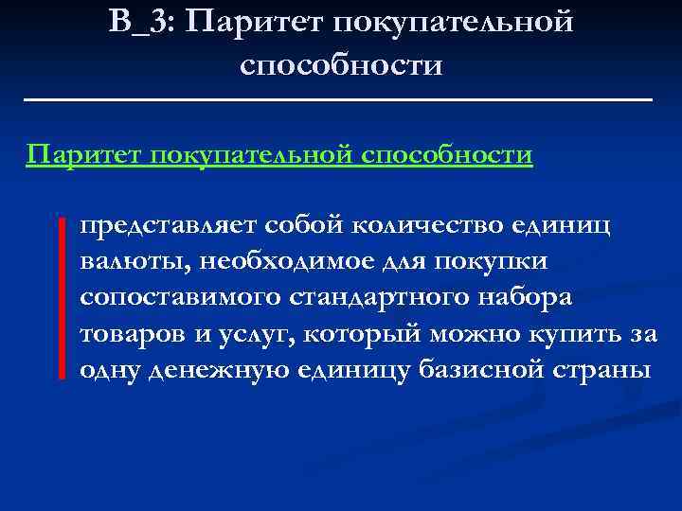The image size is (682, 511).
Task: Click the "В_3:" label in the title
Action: pyautogui.click(x=141, y=22)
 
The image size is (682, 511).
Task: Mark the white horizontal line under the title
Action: pyautogui.click(x=341, y=98)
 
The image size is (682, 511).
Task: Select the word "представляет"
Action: pyautogui.click(x=170, y=225)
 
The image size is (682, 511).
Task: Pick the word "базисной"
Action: pyautogui.click(x=478, y=369)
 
